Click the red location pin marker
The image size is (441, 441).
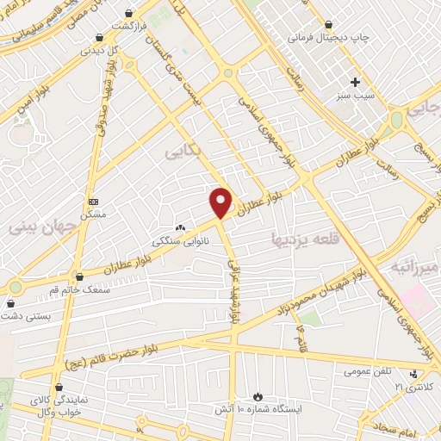(221, 202)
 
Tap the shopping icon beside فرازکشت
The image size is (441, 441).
(129, 13)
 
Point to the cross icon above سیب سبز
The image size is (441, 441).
(355, 82)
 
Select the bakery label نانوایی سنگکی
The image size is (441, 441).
(173, 242)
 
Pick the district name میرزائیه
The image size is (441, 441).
(413, 268)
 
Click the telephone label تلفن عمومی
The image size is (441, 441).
(368, 371)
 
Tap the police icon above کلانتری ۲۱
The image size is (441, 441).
(415, 373)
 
